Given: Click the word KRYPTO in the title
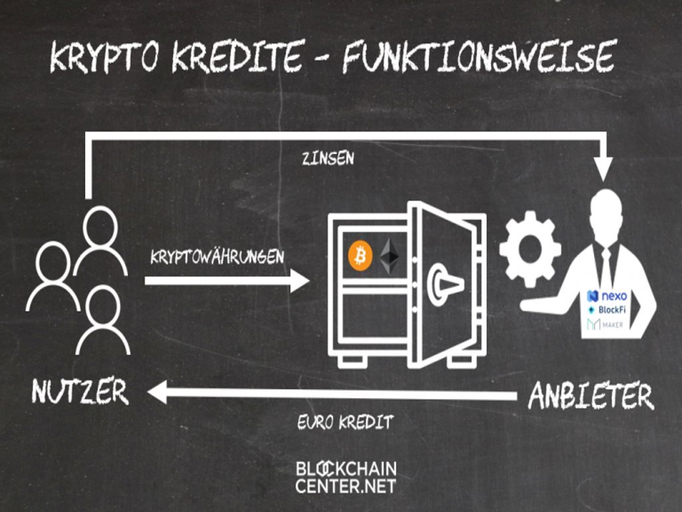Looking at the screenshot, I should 106,58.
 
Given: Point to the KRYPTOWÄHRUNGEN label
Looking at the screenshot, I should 217,257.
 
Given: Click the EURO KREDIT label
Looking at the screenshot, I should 346,422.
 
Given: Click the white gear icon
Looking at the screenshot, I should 529,249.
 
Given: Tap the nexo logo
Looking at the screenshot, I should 607,296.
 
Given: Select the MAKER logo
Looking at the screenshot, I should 605,324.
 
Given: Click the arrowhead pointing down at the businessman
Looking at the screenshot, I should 605,168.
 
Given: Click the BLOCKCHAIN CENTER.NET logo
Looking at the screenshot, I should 346,476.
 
